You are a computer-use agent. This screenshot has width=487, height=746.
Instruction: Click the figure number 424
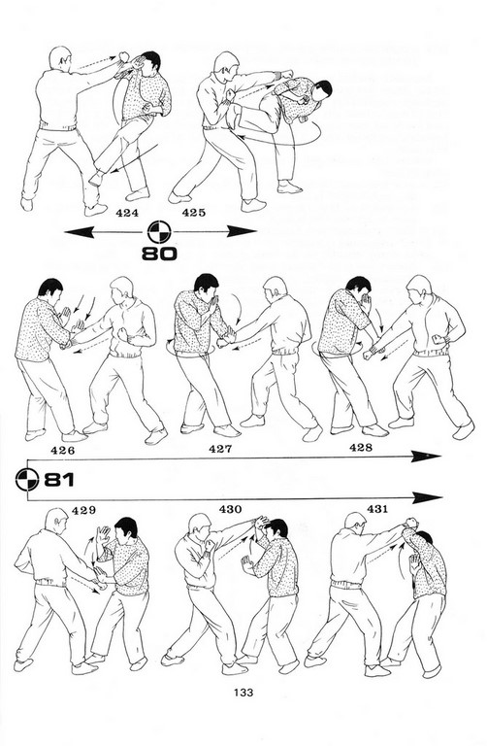(x=127, y=213)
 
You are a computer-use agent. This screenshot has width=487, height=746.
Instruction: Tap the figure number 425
(x=194, y=213)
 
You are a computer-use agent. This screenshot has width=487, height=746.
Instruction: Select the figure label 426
(x=63, y=450)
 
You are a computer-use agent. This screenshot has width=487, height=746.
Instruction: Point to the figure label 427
(x=220, y=449)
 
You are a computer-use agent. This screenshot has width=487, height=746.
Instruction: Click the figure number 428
(x=361, y=447)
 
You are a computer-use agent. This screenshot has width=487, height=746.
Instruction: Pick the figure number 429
(x=83, y=511)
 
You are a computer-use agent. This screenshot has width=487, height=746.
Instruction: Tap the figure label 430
(x=231, y=510)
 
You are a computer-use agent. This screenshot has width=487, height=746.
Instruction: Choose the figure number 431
(x=377, y=509)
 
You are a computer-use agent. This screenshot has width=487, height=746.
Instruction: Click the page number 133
(x=243, y=693)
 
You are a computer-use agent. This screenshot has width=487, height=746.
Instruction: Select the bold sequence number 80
(x=160, y=254)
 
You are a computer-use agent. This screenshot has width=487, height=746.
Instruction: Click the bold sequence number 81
(x=59, y=480)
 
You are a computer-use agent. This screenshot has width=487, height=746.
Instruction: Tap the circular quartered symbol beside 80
(x=159, y=232)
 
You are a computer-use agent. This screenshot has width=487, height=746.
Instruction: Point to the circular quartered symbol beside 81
(x=27, y=480)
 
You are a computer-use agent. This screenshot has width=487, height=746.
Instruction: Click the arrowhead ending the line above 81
(x=426, y=457)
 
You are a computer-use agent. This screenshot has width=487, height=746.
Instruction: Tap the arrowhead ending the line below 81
(x=428, y=498)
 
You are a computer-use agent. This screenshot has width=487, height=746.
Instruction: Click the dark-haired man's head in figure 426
(x=50, y=291)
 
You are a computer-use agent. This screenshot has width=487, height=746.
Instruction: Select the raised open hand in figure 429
(x=102, y=535)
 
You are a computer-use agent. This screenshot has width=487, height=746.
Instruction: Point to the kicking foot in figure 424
(x=95, y=178)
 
